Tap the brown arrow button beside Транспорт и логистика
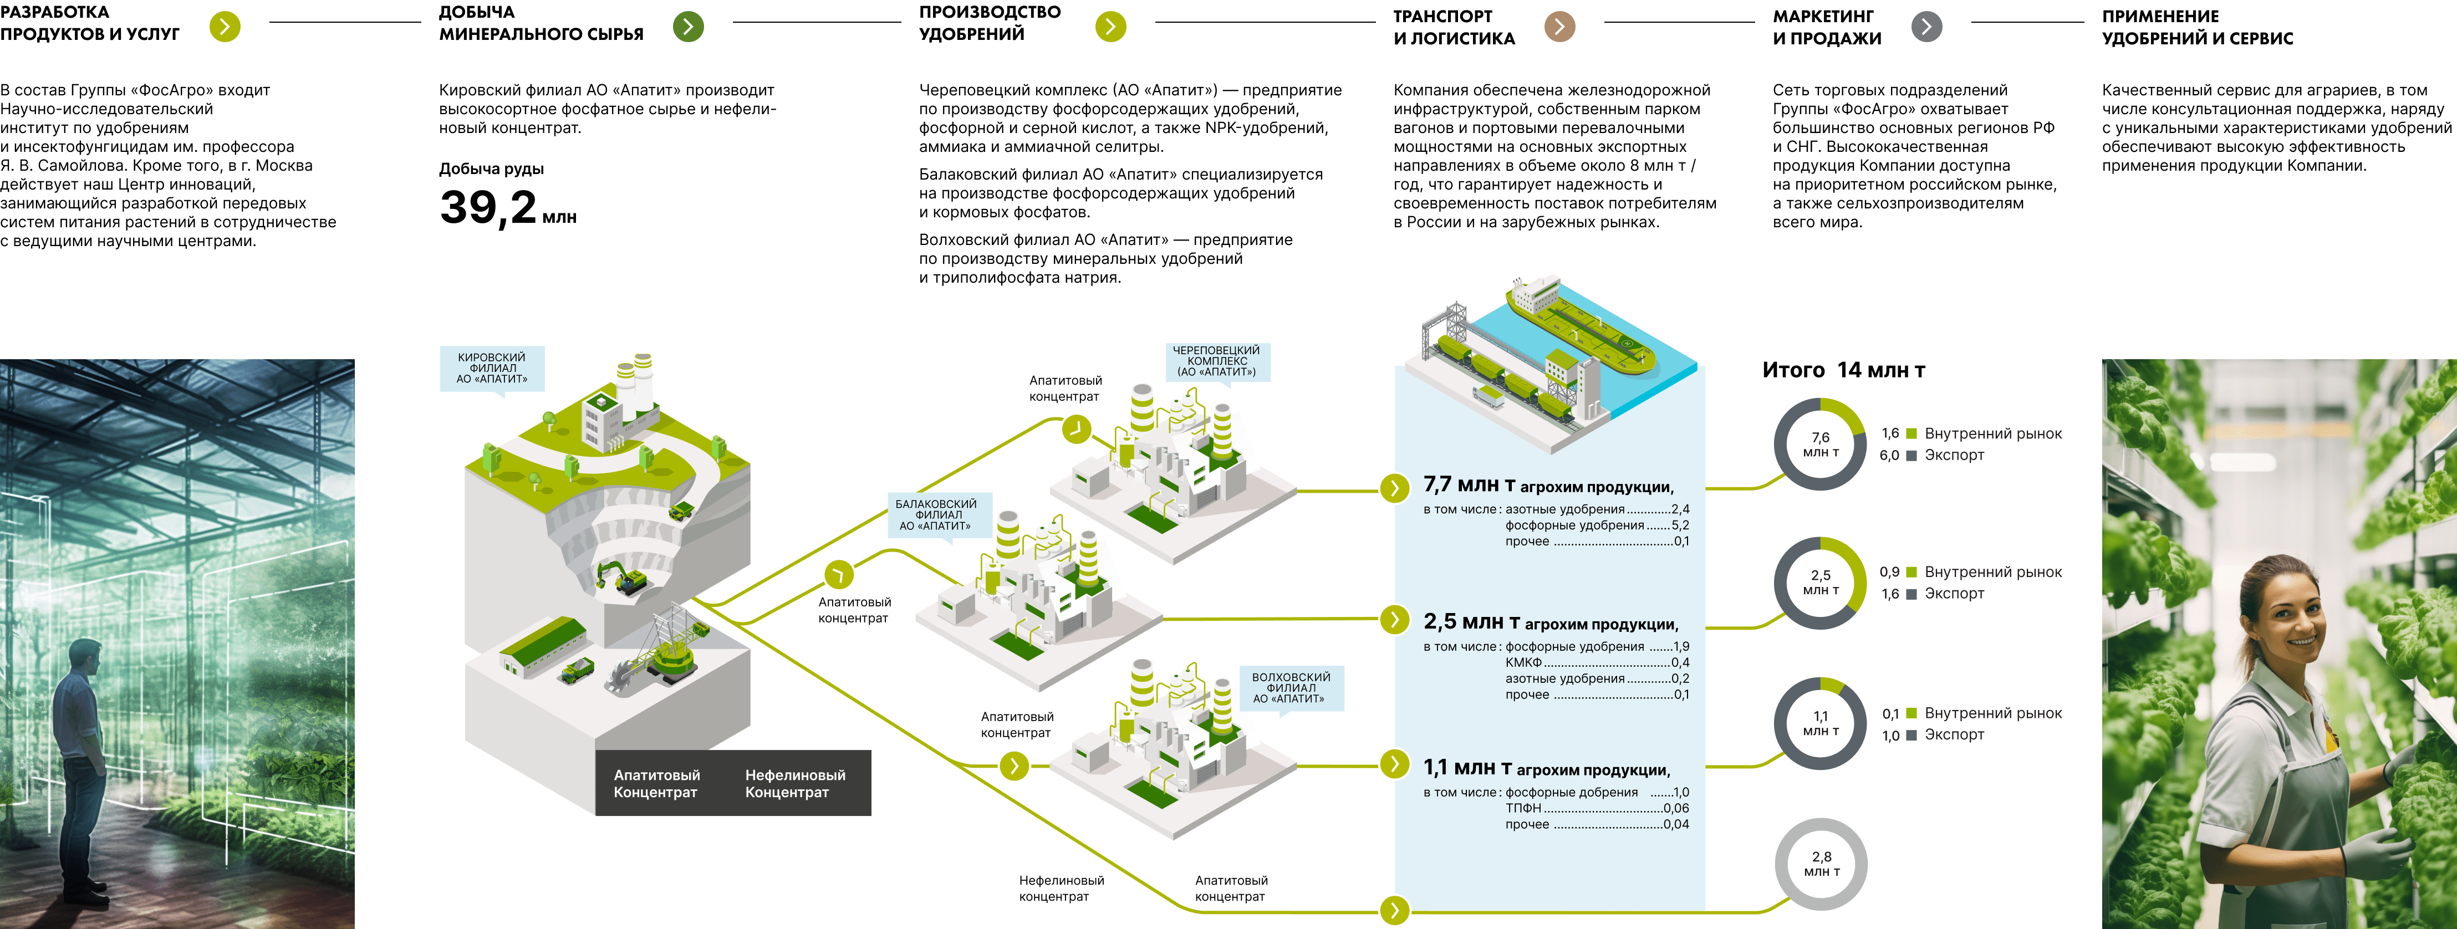[x=1559, y=27]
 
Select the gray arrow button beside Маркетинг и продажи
[x=1926, y=27]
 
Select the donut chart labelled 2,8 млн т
[x=1821, y=864]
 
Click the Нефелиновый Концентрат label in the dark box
[x=794, y=783]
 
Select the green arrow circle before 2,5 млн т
[x=1394, y=620]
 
